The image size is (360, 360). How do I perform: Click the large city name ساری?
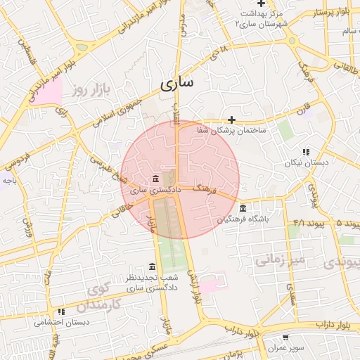[x=176, y=84]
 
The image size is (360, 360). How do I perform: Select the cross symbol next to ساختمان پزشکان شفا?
[x=231, y=119]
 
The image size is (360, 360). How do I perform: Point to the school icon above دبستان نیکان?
[x=305, y=151]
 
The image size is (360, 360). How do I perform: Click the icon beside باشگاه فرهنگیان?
[x=243, y=208]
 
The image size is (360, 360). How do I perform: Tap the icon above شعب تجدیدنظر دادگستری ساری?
[x=153, y=266]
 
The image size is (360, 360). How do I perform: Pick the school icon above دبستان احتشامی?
[x=61, y=311]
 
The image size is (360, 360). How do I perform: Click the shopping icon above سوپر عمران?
[x=285, y=337]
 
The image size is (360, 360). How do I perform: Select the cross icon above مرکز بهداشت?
[x=261, y=4]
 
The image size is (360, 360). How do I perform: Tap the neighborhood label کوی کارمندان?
[x=105, y=297]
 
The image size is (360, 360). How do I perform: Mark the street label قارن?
[x=302, y=111]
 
